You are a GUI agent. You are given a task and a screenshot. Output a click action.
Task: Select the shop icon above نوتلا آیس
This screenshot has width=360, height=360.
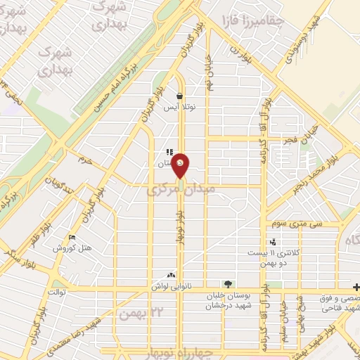click(x=180, y=96)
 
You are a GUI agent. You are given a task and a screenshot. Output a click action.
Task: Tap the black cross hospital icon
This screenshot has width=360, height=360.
click(x=355, y=286)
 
